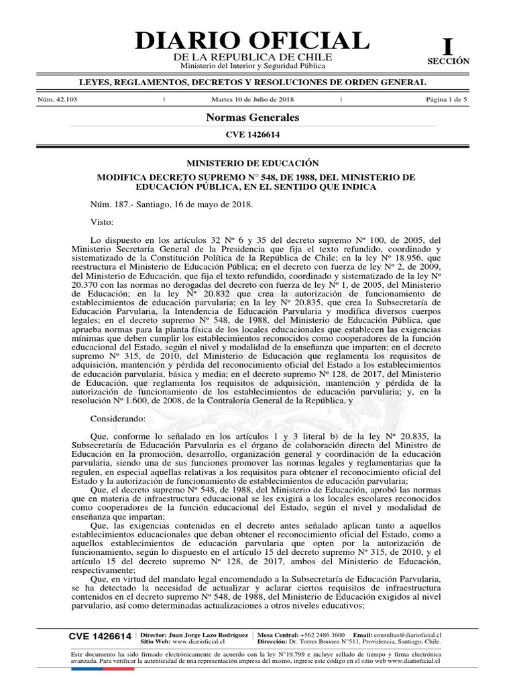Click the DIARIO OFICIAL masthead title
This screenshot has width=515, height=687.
tap(251, 41)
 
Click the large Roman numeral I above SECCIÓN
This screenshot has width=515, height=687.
tap(447, 46)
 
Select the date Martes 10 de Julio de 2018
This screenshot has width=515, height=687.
tap(253, 100)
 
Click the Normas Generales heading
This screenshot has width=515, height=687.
tap(252, 117)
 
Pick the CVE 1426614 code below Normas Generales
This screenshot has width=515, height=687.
tap(252, 135)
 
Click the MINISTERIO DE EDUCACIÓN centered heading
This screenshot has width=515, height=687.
tap(252, 163)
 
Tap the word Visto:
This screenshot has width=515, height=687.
tap(103, 221)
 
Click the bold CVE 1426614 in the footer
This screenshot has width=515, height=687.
tap(100, 636)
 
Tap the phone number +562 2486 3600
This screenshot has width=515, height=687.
tap(320, 634)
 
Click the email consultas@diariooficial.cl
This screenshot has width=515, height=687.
tap(412, 634)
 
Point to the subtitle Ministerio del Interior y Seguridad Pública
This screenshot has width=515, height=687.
tap(252, 66)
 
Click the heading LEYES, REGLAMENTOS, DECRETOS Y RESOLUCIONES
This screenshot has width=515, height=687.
tap(252, 82)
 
